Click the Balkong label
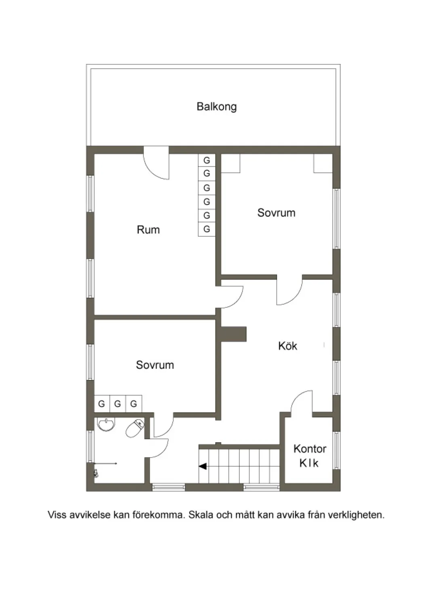[x=217, y=107]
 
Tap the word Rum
[x=148, y=230]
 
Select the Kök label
[x=288, y=346]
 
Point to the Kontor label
[x=310, y=449]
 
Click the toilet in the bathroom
[x=135, y=428]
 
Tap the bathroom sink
[x=106, y=424]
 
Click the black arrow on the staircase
[x=203, y=466]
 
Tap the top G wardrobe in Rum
[x=207, y=160]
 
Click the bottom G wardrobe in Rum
[x=207, y=229]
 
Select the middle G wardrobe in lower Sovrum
[x=117, y=403]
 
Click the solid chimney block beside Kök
[x=233, y=334]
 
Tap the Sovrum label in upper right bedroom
[x=277, y=213]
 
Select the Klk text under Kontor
[x=309, y=463]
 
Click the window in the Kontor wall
[x=336, y=450]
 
